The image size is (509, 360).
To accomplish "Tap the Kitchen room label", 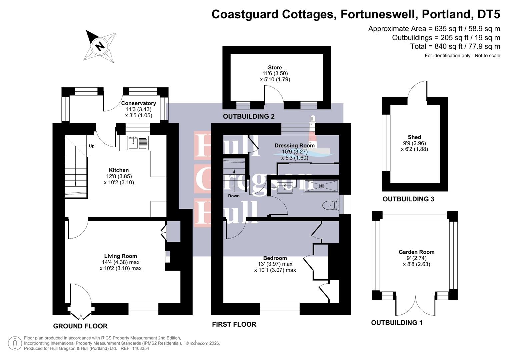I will [119, 170].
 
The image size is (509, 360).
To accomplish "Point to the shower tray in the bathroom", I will [321, 186].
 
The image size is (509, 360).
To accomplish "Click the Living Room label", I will [120, 256].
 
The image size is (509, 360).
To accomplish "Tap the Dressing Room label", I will [294, 145].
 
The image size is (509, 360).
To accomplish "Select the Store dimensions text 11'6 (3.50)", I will [275, 73].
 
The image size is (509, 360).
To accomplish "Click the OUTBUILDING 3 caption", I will [408, 199].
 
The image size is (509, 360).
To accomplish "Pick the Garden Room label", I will [416, 252].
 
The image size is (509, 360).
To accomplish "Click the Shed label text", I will [414, 137].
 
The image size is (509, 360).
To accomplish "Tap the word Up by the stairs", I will [92, 146].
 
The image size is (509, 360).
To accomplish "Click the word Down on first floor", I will [234, 196].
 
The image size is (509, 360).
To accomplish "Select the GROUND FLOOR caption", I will [80, 326].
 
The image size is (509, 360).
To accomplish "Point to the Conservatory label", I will [138, 103].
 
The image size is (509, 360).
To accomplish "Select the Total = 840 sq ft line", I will [455, 46].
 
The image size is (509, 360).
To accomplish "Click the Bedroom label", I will [275, 258].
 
